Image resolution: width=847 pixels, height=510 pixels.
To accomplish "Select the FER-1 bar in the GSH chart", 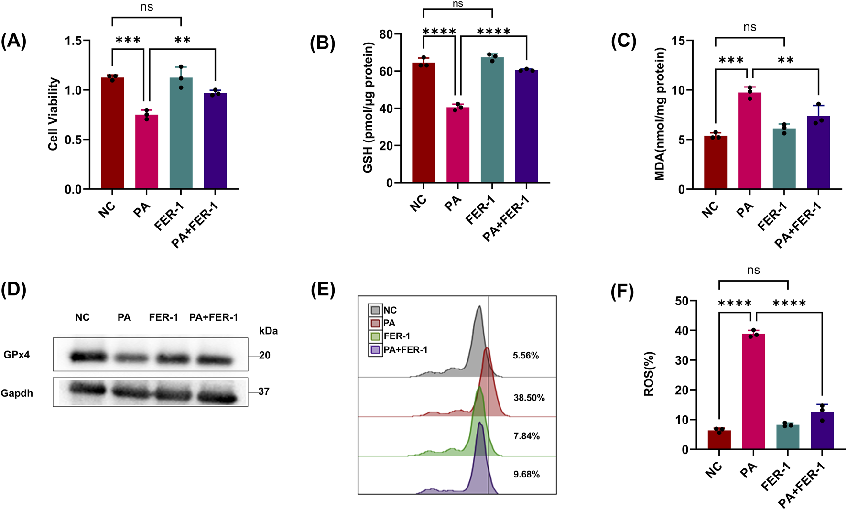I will click(x=492, y=120).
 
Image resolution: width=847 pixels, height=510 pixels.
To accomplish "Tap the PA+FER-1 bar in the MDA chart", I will click(x=818, y=152).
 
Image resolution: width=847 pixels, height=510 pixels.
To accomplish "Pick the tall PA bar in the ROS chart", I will click(x=753, y=391).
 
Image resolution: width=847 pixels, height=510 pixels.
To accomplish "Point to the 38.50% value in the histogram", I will click(x=529, y=398).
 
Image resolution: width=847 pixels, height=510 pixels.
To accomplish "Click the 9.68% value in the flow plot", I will click(x=526, y=475).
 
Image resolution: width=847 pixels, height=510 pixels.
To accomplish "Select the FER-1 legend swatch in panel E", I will click(x=375, y=336).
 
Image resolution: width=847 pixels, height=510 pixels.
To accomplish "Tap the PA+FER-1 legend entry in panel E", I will click(x=405, y=350).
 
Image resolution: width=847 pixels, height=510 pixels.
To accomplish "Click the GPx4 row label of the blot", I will click(x=17, y=355).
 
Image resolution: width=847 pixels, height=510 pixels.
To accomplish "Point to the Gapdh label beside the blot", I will click(x=17, y=393).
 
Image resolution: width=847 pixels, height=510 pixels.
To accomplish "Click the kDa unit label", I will click(x=268, y=331).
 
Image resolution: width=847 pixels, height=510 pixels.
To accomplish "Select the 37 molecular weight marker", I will click(x=264, y=391).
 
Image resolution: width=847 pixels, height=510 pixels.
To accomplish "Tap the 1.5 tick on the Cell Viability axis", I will click(x=74, y=41).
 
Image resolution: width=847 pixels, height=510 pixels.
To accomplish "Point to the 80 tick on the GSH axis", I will click(x=386, y=34).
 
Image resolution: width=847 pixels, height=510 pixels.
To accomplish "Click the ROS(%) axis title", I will click(x=649, y=374).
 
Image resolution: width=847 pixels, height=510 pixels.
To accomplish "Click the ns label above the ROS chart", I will click(x=753, y=270).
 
